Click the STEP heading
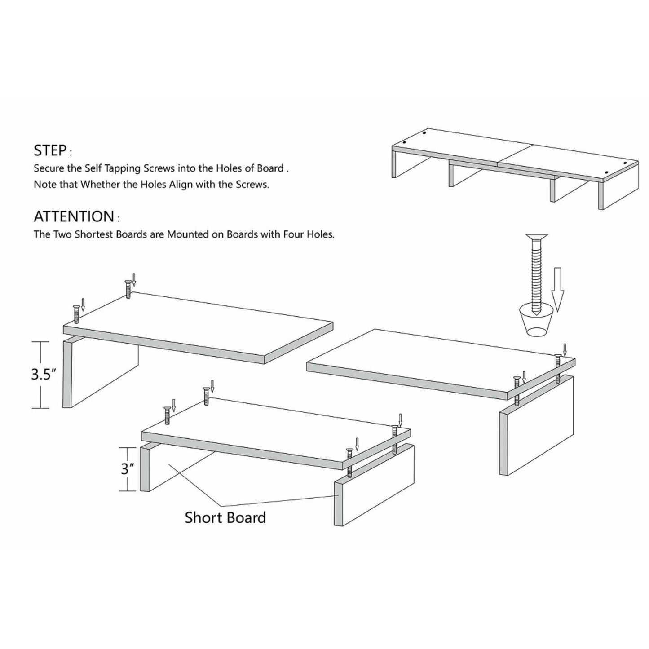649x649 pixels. click(x=50, y=150)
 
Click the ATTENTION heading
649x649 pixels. click(x=74, y=216)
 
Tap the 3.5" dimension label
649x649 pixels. click(x=43, y=375)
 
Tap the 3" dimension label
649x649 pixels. click(x=128, y=469)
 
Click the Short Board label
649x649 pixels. click(x=225, y=517)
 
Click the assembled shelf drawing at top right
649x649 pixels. click(x=515, y=168)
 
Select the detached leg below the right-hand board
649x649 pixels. click(x=536, y=424)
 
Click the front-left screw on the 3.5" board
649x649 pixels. click(x=76, y=313)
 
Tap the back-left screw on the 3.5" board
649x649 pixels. click(x=128, y=289)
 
